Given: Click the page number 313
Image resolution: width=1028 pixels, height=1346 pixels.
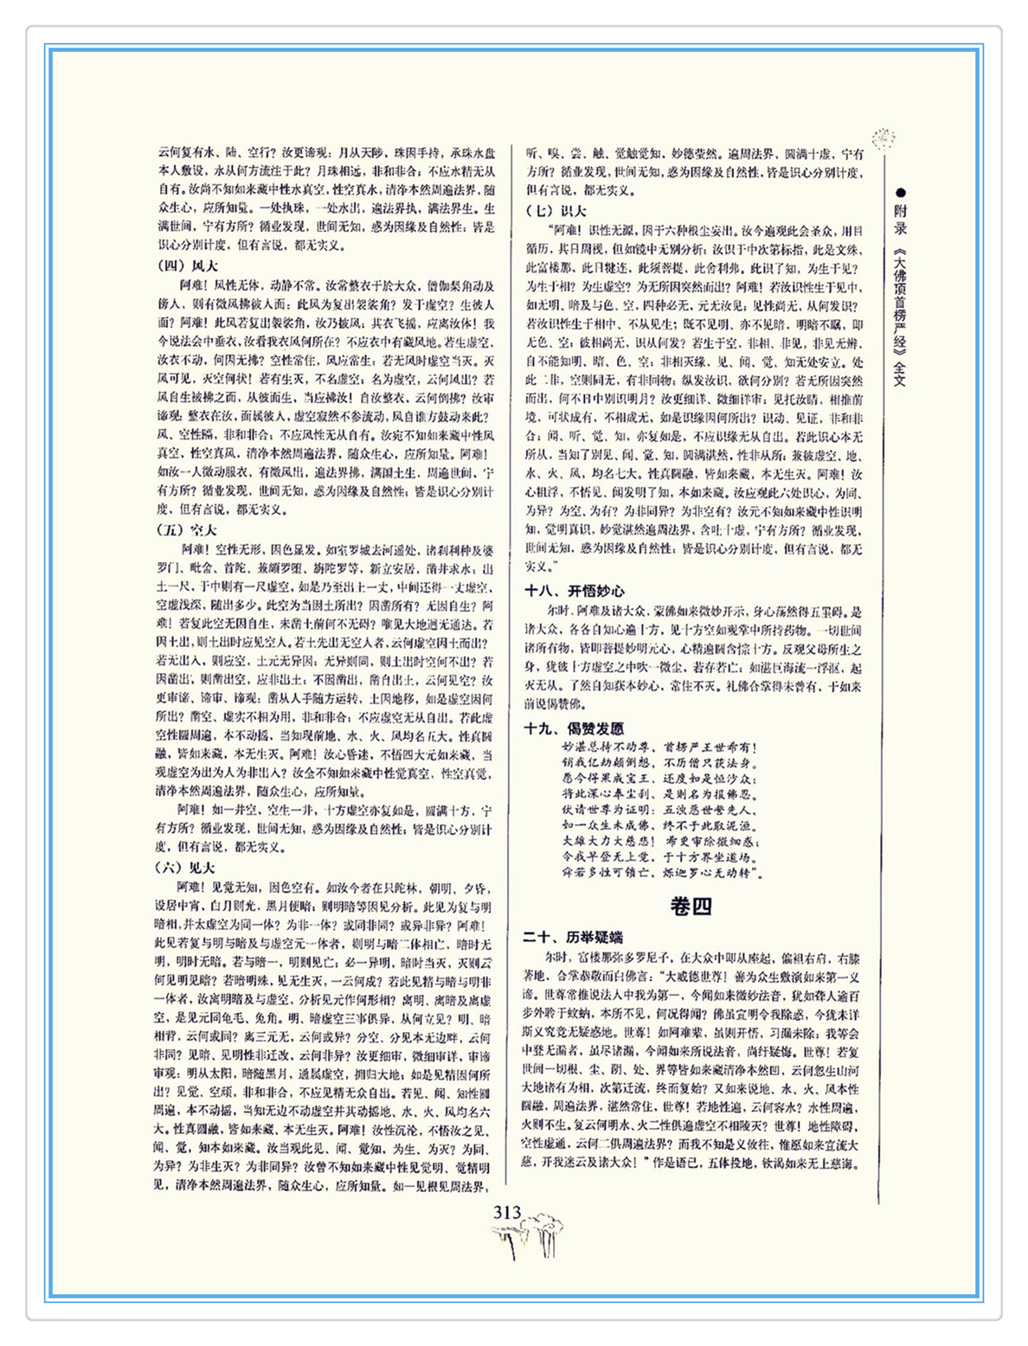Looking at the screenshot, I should tap(507, 1213).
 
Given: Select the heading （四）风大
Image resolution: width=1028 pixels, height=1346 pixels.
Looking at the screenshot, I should tap(187, 266).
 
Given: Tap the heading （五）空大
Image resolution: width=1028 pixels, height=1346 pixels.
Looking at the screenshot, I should tap(187, 529).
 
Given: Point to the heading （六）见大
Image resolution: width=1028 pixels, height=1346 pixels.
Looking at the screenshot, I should tap(187, 868).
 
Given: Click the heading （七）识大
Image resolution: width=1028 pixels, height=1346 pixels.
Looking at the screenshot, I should tap(556, 210).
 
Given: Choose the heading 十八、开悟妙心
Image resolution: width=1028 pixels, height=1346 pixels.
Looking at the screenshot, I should tap(575, 591).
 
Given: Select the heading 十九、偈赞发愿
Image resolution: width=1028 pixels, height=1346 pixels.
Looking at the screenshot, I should tap(574, 728).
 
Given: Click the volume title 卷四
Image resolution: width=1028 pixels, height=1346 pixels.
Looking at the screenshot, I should tap(691, 906).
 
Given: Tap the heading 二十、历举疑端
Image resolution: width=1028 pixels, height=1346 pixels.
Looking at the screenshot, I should tap(573, 937).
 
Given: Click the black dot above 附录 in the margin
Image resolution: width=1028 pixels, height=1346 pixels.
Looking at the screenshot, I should tap(901, 192).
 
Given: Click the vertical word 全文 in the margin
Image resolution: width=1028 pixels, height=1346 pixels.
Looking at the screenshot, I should tap(901, 375).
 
